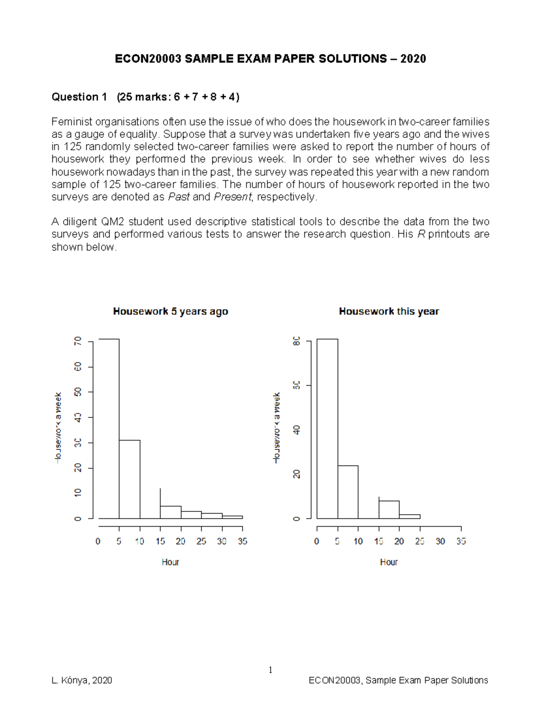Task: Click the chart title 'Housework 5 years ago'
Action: pos(170,312)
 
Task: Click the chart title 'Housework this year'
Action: pos(388,312)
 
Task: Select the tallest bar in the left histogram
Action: pos(109,429)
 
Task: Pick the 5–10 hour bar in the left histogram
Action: pos(129,479)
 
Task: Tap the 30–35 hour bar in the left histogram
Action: pos(232,517)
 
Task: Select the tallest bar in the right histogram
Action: pos(327,429)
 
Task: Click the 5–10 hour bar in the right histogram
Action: pos(348,492)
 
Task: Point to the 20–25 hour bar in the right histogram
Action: pos(409,516)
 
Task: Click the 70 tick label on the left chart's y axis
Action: pos(78,341)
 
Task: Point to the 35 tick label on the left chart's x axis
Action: pos(242,541)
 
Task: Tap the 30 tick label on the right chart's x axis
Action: pos(440,541)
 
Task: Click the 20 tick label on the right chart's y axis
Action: pos(296,474)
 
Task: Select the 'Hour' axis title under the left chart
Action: pos(170,562)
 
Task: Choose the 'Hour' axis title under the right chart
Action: pos(388,562)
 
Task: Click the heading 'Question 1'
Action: pos(79,97)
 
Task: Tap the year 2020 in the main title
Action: pos(413,59)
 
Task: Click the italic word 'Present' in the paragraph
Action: pos(232,197)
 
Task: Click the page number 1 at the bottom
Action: pos(271,670)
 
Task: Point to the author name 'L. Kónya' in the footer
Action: pos(70,680)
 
